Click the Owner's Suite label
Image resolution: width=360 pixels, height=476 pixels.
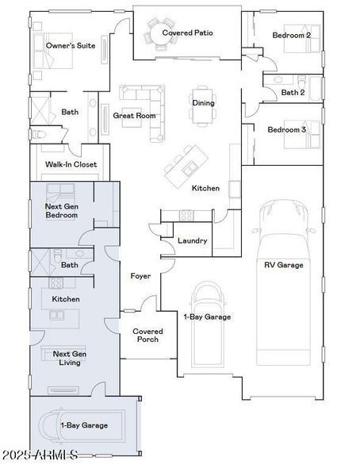click(x=71, y=46)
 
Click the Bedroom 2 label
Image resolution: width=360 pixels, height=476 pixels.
click(x=291, y=36)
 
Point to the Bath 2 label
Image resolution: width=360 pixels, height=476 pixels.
click(x=292, y=92)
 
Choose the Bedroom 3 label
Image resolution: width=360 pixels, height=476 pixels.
click(x=286, y=130)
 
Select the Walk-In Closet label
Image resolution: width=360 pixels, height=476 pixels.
click(x=71, y=164)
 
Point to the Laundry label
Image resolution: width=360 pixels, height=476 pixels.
click(x=192, y=241)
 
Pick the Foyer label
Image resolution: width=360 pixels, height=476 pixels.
click(x=141, y=276)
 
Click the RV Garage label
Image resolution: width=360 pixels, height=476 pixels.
click(x=283, y=265)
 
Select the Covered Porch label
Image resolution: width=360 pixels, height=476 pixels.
click(x=147, y=336)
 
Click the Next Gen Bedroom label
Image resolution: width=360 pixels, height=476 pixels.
click(x=61, y=210)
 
